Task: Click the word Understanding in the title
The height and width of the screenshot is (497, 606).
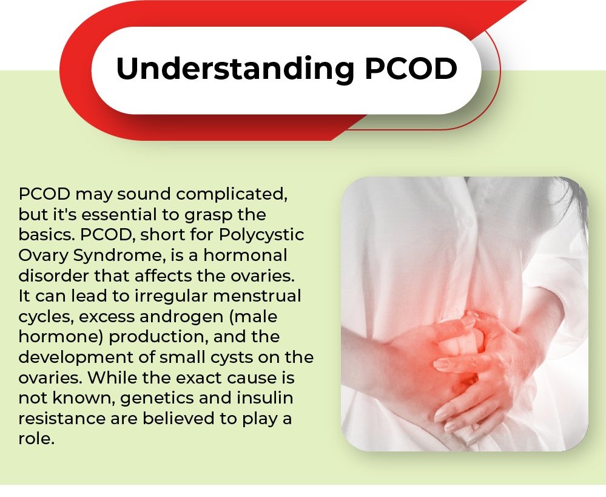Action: click(x=235, y=69)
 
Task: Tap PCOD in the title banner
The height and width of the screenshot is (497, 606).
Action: click(x=411, y=68)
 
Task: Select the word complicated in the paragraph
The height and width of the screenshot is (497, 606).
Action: click(x=232, y=195)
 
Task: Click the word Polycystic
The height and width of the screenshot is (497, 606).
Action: click(x=261, y=235)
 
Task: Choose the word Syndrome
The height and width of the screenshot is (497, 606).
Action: click(x=118, y=255)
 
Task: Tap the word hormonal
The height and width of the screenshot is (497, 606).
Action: click(x=246, y=255)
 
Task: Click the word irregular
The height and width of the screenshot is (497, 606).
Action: click(x=170, y=296)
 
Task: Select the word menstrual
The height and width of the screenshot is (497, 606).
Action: click(x=257, y=296)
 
